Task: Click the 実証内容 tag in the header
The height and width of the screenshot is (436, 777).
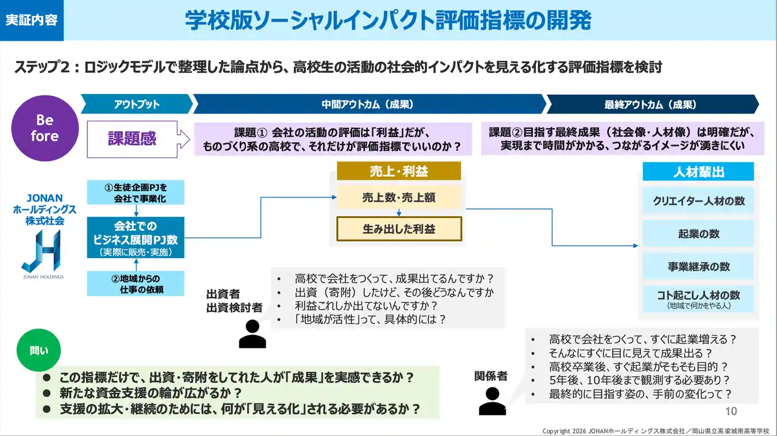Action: (32, 20)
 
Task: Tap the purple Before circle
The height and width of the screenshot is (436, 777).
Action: (44, 128)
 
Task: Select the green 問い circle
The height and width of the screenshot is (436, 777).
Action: (38, 350)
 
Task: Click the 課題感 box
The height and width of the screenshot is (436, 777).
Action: (132, 138)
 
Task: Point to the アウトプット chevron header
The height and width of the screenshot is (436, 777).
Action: (136, 104)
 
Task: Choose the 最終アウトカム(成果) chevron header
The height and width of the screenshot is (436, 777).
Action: (650, 104)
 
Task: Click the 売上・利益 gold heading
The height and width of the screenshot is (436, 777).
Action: (399, 171)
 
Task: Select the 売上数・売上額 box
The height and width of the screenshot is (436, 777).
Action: (399, 197)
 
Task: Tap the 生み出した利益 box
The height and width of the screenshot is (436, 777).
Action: (399, 229)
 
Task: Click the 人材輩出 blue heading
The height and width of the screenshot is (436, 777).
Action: (699, 172)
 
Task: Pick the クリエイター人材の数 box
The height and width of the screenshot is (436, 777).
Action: (699, 201)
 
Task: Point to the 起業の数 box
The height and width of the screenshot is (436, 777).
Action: (699, 234)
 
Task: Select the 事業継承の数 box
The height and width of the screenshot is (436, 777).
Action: (699, 267)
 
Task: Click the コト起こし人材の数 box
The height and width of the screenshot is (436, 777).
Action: (699, 299)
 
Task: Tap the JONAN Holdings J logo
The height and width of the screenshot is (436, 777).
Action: (41, 252)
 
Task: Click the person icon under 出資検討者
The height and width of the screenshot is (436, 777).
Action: (252, 333)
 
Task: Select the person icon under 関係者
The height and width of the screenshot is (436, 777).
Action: (492, 400)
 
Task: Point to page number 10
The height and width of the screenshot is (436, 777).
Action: (731, 411)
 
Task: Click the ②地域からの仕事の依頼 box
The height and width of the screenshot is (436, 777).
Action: (135, 284)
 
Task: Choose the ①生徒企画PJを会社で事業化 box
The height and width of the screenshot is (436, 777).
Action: (135, 192)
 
